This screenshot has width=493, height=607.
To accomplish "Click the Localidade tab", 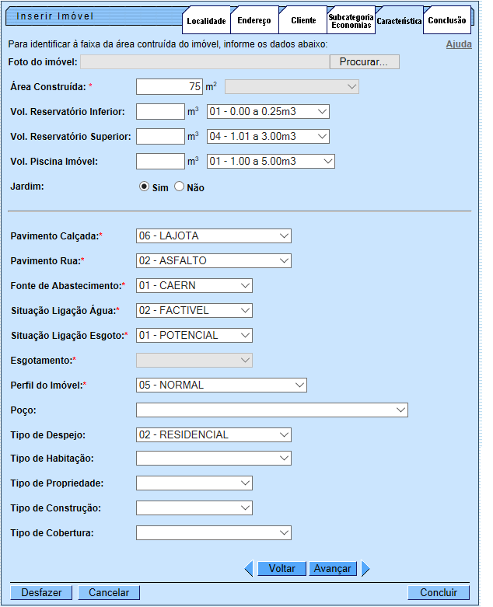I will coord(206,21).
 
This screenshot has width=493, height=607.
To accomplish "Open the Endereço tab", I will coord(255,21).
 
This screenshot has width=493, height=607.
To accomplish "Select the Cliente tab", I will coord(302,20).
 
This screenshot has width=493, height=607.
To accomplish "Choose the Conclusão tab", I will coord(447,20).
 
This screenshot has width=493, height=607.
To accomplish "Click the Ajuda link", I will coord(458,44).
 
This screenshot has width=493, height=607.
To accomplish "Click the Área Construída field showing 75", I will coord(170,86).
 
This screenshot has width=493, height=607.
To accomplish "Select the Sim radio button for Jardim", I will coord(144,187).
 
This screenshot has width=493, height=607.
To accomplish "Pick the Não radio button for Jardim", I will coord(180,187).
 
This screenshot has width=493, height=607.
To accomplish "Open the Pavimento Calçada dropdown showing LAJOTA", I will coord(213,235).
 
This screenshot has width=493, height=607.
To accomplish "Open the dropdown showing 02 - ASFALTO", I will coord(213,260).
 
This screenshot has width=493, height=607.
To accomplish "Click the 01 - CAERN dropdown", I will coord(194,285).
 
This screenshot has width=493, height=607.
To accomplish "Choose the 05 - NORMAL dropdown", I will coord(221,385).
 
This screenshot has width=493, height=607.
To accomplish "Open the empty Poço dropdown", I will coord(271,410).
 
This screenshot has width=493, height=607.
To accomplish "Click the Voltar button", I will coord(281,568).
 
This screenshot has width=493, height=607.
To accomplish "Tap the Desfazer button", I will coord(42,592).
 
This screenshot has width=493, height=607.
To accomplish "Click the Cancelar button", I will coord(109,592).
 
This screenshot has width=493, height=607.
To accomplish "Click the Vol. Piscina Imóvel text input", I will coord(159,161).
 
